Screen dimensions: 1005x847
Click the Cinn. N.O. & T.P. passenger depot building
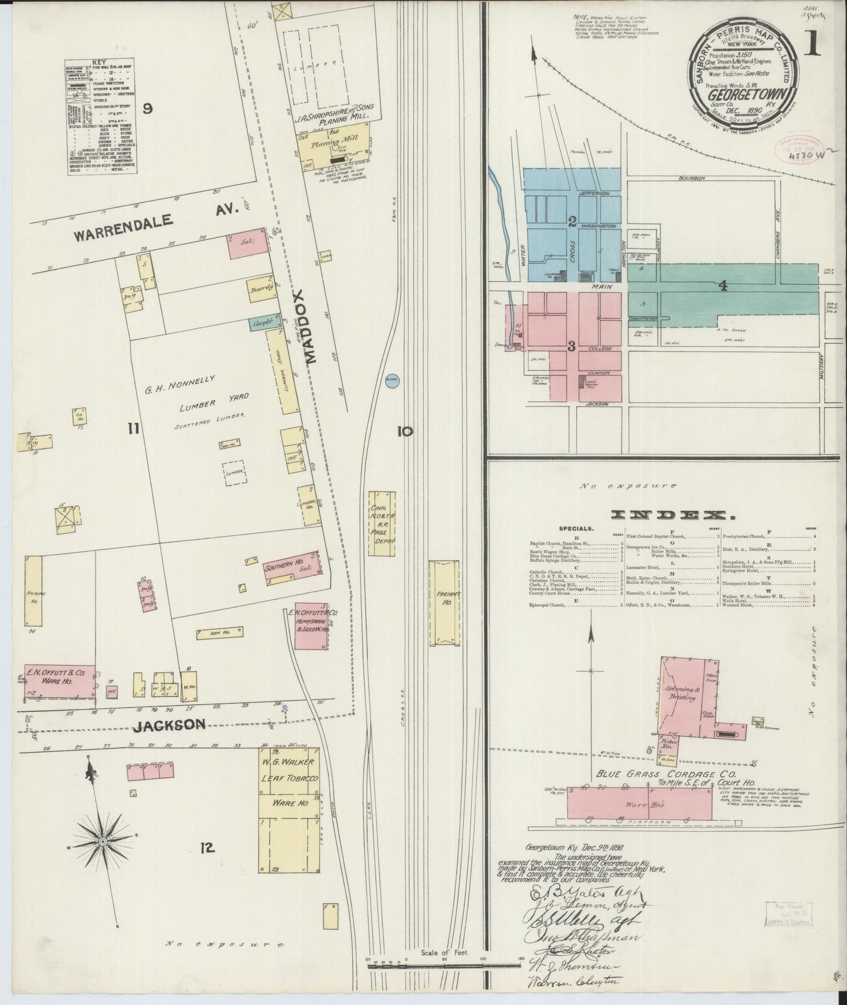(x=382, y=523)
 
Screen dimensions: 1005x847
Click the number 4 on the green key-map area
(x=724, y=286)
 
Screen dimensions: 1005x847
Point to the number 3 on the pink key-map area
(x=571, y=346)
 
